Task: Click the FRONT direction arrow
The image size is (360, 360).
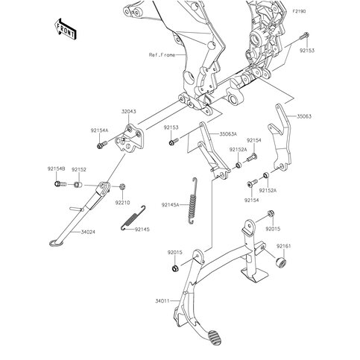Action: click(x=66, y=29)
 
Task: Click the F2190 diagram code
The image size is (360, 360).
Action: click(x=299, y=11)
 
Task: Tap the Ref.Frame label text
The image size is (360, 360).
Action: click(x=162, y=55)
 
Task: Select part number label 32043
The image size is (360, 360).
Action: click(x=129, y=112)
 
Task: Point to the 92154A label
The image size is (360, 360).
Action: click(x=100, y=130)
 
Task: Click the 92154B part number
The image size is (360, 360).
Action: click(x=56, y=169)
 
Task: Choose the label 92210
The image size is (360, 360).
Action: click(x=122, y=203)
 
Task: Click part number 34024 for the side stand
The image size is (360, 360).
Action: click(x=88, y=232)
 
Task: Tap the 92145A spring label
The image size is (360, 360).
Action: click(x=170, y=205)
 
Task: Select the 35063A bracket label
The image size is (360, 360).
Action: click(x=228, y=134)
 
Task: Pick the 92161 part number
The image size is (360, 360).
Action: click(x=284, y=246)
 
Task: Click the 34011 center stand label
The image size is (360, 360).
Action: click(x=162, y=301)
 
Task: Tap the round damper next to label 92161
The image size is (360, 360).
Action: click(x=281, y=262)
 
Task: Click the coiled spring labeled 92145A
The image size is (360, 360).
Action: click(x=192, y=200)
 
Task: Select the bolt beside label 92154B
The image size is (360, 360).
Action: click(x=60, y=184)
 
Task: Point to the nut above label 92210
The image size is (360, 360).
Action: click(x=122, y=186)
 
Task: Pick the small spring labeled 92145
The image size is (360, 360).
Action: click(x=133, y=218)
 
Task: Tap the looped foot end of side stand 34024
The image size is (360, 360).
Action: click(x=54, y=243)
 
